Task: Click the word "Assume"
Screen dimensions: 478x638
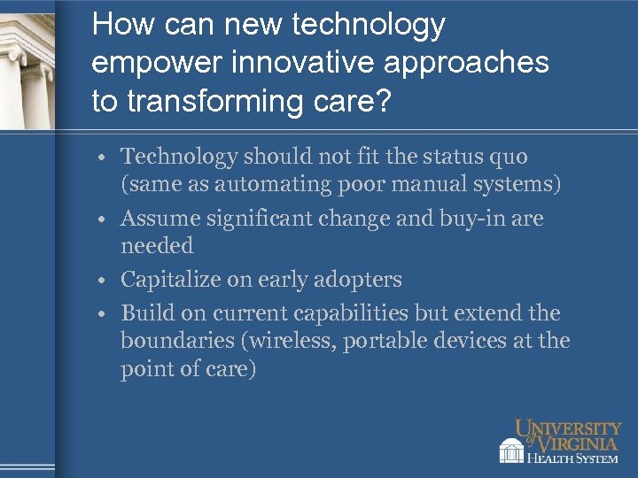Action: tap(155, 218)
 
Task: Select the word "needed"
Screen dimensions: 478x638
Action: tap(157, 245)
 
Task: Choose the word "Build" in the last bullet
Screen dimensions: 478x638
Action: tap(143, 313)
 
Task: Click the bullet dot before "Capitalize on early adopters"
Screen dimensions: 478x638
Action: tap(104, 281)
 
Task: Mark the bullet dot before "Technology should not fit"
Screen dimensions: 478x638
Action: tap(104, 158)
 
